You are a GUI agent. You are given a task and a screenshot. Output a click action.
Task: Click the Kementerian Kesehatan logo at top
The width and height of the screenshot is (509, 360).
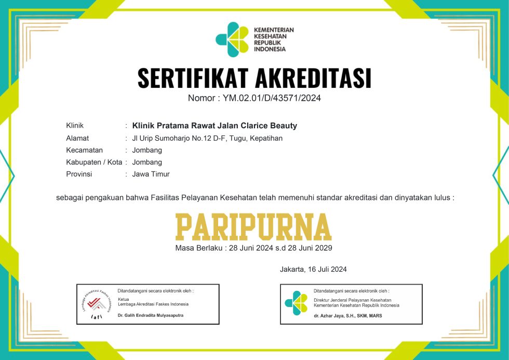pos(232,39)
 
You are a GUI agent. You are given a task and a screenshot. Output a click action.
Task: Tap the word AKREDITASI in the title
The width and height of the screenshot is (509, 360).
pos(313,78)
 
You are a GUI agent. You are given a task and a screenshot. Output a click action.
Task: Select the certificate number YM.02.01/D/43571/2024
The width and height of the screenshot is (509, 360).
pos(273,98)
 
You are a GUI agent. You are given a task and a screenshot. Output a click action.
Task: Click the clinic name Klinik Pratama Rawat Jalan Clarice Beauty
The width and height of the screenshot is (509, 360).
pos(215,126)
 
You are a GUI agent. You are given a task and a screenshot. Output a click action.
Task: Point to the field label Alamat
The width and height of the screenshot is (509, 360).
pos(77,138)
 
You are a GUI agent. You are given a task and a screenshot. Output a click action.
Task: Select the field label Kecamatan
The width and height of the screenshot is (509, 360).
pos(85,150)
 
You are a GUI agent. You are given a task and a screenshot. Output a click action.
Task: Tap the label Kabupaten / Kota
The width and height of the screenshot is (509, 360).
pos(94,162)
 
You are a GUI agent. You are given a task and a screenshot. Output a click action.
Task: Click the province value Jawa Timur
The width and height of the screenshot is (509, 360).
pos(151,174)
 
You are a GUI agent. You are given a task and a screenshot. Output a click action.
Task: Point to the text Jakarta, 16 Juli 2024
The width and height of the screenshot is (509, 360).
pos(313,269)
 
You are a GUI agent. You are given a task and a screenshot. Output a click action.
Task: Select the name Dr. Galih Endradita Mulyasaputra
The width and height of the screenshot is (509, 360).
pos(150,315)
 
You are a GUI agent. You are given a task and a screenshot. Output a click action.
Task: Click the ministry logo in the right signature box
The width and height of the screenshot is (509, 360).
pos(296,303)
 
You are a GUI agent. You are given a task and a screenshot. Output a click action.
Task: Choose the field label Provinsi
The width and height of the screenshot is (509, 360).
pos(79,174)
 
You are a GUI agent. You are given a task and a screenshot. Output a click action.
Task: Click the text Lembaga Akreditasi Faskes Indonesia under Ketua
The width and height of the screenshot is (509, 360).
pos(153,304)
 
